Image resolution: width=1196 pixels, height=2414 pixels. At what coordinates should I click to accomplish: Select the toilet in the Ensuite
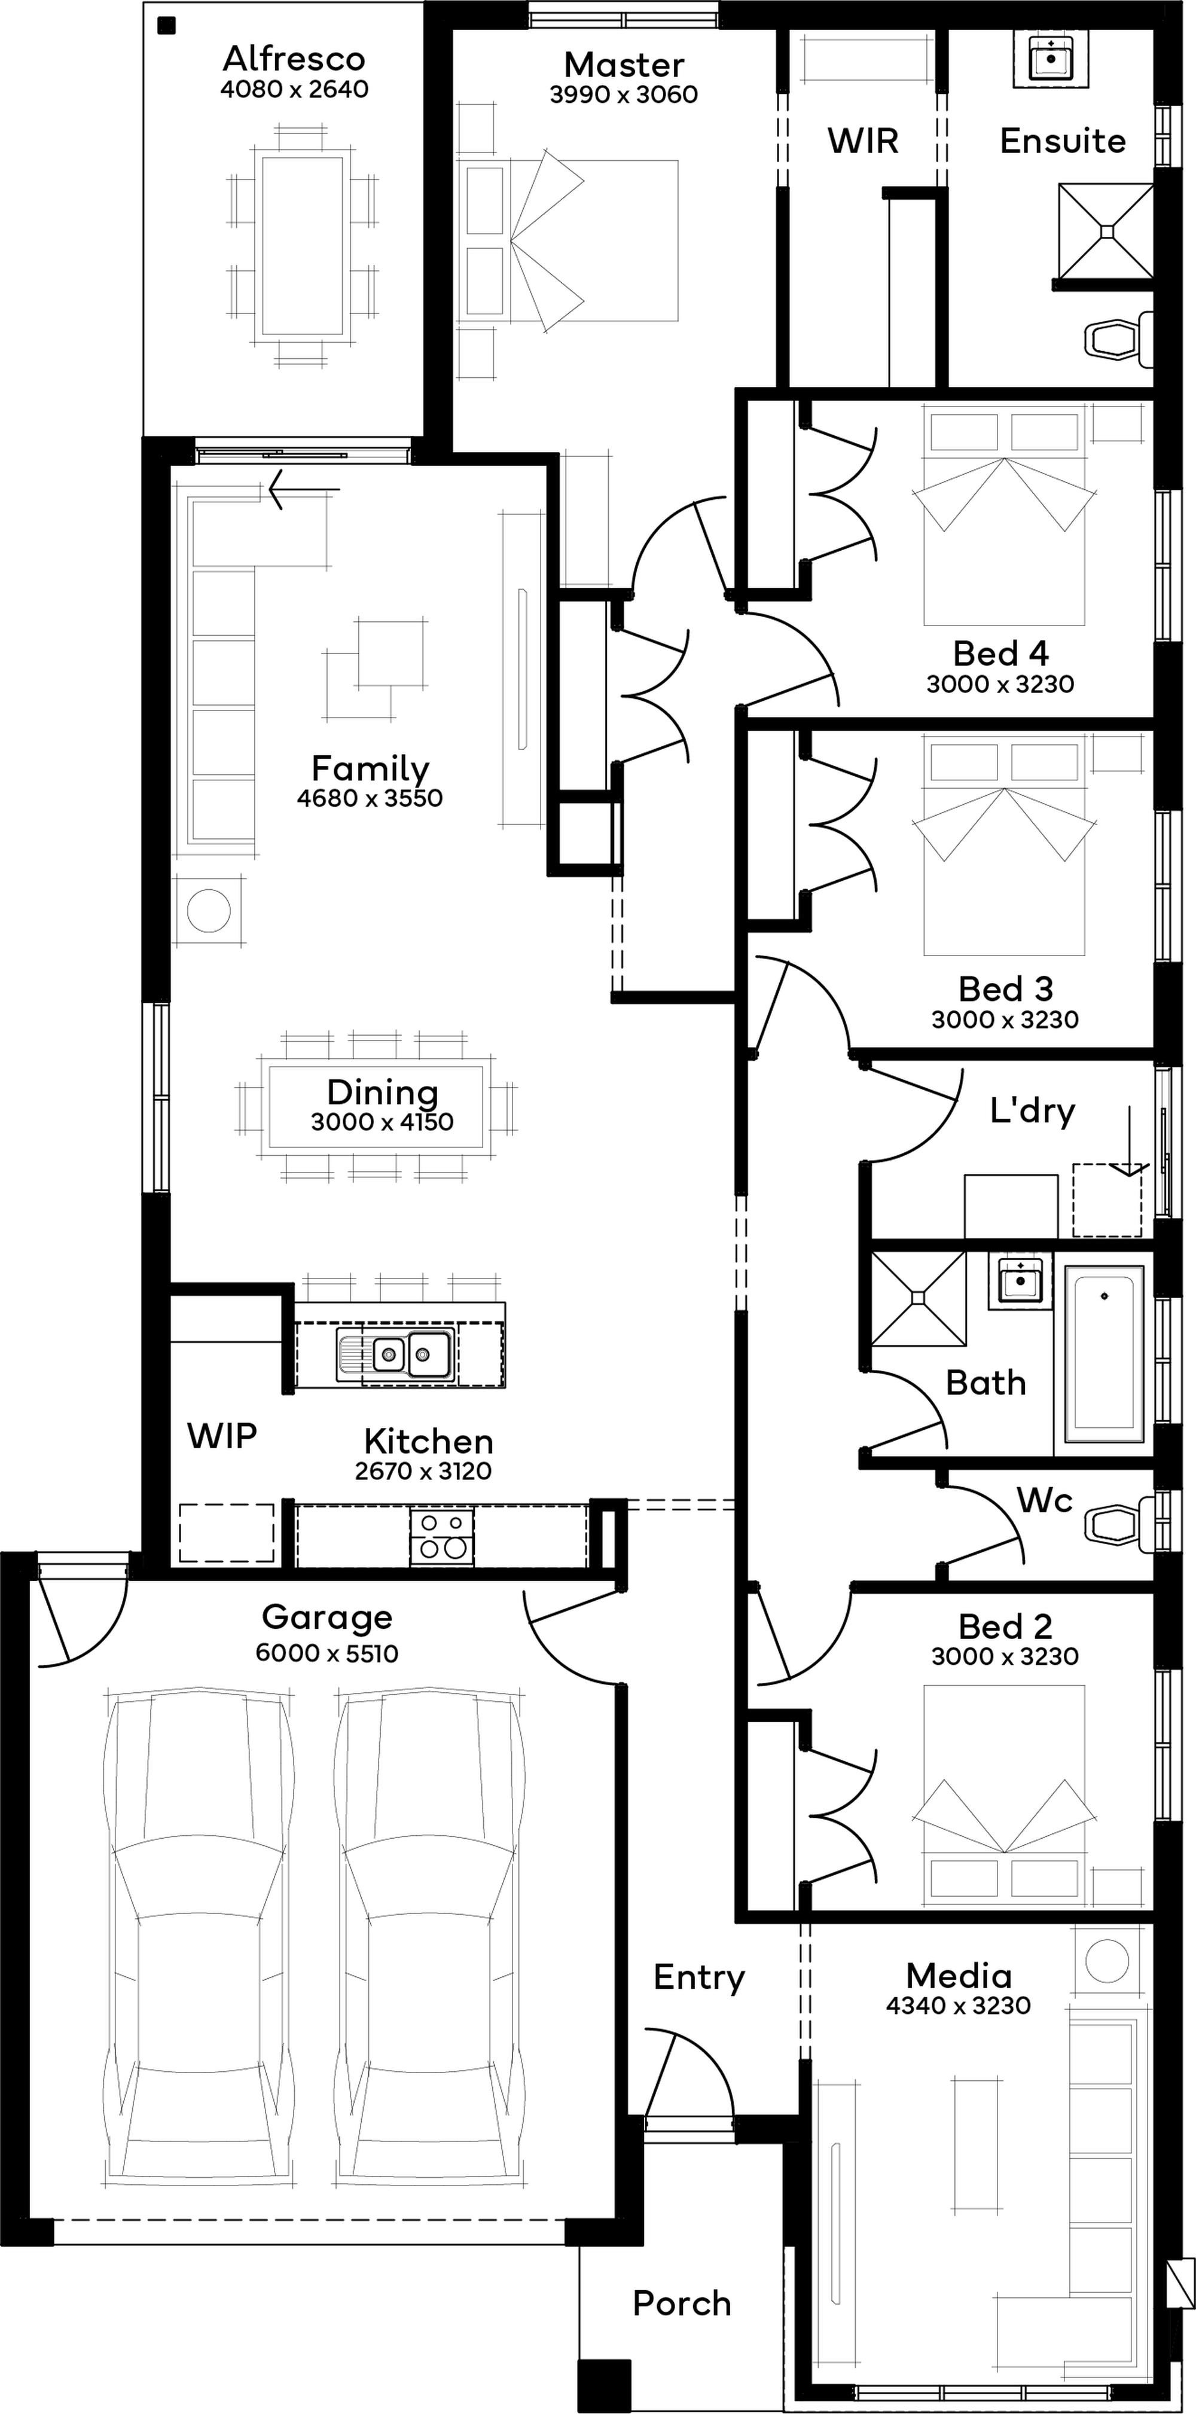pos(1119,338)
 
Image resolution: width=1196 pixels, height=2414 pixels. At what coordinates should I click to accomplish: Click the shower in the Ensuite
pos(1106,231)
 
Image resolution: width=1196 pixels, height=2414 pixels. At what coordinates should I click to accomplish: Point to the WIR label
pos(862,141)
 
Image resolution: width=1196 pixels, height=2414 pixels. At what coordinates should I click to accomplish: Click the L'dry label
pos(1033,1110)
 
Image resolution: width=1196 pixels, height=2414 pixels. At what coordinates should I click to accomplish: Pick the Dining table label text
pos(382,1092)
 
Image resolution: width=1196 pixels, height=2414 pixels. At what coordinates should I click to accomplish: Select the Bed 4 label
pos(1001,653)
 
